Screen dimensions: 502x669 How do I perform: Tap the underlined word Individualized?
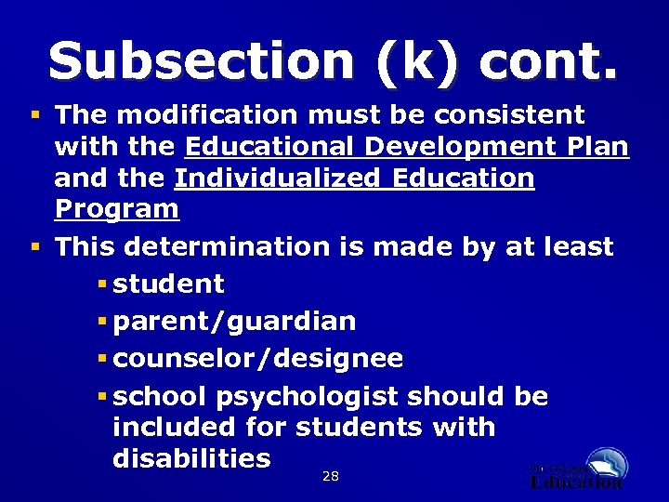(x=277, y=178)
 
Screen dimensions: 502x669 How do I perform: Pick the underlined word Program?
(x=116, y=209)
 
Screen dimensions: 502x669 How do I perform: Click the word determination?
(x=227, y=247)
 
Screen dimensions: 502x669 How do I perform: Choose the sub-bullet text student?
(x=168, y=284)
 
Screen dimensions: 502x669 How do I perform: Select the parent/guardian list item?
(x=233, y=322)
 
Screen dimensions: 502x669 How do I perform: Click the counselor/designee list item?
(x=257, y=359)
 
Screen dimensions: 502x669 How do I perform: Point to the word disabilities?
(x=191, y=458)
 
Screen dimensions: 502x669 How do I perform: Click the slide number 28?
(x=330, y=477)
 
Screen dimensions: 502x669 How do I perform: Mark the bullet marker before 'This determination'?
(x=34, y=247)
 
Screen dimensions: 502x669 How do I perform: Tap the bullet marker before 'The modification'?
(x=34, y=115)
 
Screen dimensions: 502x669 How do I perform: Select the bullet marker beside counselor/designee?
(x=102, y=359)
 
